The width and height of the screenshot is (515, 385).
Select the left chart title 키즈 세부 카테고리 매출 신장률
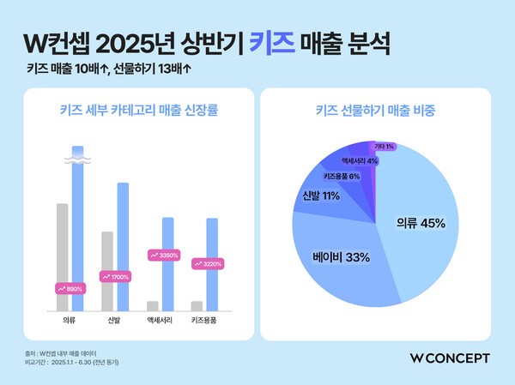pos(138,111)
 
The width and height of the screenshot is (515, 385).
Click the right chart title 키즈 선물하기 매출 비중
pos(376,111)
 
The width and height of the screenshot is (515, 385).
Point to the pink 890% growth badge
pos(70,289)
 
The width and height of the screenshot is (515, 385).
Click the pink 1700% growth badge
pos(115,277)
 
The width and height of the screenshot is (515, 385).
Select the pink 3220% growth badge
pos(207,264)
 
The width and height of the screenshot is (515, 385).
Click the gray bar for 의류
pos(62,257)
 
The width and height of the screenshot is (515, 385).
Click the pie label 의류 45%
pos(420,224)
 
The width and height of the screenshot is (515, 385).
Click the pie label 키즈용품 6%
pos(342,176)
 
